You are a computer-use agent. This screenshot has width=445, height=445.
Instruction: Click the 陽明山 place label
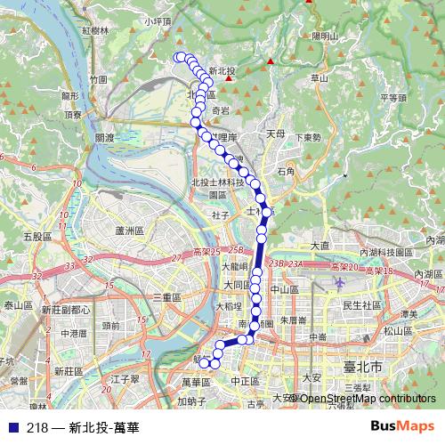pos(326,36)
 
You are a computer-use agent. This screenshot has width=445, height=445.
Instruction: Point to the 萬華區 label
pos(193,381)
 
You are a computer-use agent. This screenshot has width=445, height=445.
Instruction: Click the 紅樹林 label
pos(93,30)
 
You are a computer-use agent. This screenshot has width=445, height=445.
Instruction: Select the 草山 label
pos(319,78)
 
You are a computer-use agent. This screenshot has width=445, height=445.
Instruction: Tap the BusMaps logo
pos(401,426)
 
